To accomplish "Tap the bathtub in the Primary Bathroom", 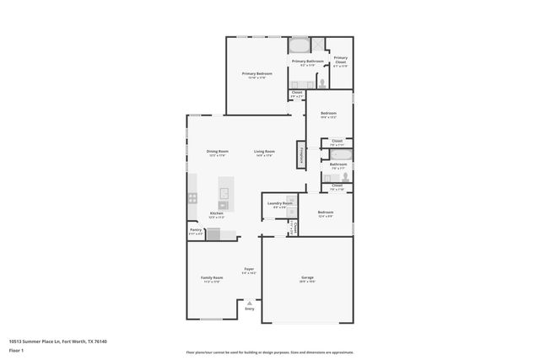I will (300, 46).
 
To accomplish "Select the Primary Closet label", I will (339, 61).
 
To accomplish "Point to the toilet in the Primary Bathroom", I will (321, 83).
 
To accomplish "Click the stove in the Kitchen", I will (192, 199).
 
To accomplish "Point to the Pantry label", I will (195, 229).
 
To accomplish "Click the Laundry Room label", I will (280, 203).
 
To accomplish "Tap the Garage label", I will (306, 279).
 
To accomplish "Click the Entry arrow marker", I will (249, 302).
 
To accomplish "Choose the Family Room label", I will (212, 278).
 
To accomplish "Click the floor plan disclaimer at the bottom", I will (269, 352).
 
